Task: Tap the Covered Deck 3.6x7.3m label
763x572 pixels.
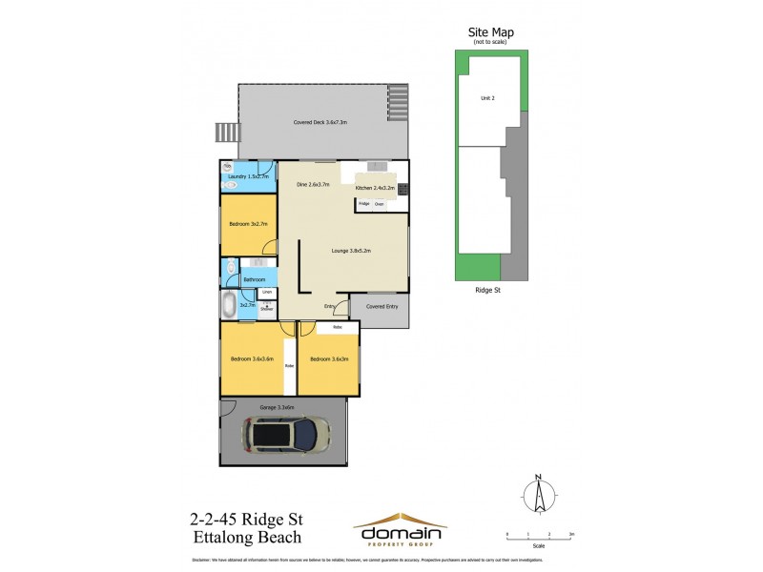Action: point(320,123)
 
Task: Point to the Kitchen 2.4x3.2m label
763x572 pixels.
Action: point(375,189)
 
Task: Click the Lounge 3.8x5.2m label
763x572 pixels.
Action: point(351,251)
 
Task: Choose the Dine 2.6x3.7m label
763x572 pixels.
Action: point(313,184)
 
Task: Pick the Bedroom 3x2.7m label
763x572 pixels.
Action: point(248,224)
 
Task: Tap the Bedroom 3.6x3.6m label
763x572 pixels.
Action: point(252,358)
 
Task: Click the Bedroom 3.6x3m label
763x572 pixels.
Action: point(329,358)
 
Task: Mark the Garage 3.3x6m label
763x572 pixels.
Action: point(278,407)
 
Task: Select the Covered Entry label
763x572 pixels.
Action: point(380,306)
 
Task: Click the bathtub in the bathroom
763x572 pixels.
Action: point(229,305)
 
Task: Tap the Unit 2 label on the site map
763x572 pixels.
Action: point(487,97)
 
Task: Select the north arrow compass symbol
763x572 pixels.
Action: point(539,493)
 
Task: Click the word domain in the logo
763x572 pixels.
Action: point(399,532)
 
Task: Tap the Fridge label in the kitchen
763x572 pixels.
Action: point(363,204)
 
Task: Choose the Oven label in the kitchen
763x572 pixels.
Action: point(379,204)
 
